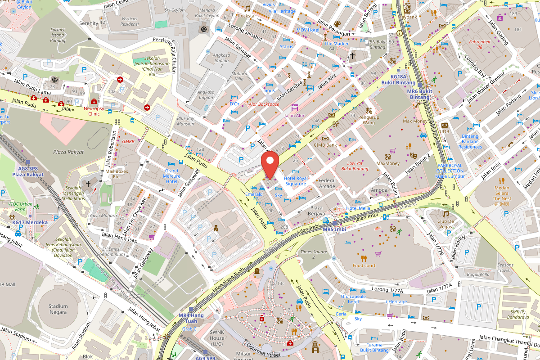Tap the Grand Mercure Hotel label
click(171, 176)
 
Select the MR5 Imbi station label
click(334, 229)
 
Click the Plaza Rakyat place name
click(68, 152)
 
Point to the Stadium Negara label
click(58, 309)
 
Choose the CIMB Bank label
click(326, 145)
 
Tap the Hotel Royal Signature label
click(296, 181)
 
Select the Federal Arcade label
click(327, 184)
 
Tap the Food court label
click(364, 265)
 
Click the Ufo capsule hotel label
click(353, 299)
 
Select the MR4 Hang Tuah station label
click(191, 318)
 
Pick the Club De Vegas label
click(445, 224)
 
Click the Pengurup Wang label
click(369, 119)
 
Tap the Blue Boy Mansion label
click(185, 121)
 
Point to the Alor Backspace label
click(264, 104)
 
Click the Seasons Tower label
click(505, 268)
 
